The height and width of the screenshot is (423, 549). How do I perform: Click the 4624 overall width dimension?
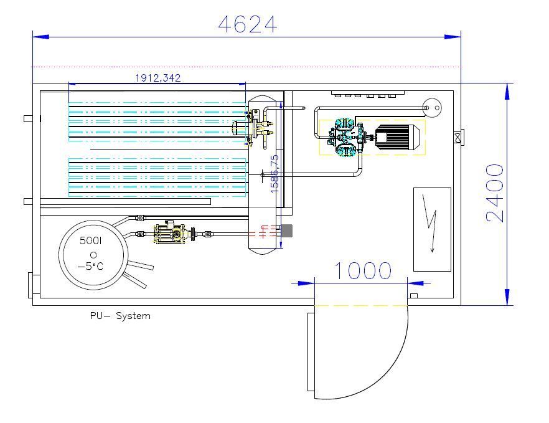click(x=247, y=24)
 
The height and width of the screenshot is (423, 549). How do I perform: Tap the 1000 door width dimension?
click(x=364, y=271)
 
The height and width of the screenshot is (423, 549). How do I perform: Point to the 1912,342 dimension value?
click(x=158, y=78)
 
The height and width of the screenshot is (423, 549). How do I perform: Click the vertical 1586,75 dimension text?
click(x=274, y=174)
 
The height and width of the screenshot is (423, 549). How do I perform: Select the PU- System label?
click(x=120, y=316)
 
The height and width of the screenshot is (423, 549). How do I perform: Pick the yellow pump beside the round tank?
click(x=170, y=234)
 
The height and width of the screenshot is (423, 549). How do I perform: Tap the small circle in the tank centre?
click(x=93, y=254)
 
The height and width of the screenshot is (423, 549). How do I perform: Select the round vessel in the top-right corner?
click(x=431, y=108)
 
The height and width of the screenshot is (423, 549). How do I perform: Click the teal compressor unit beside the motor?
click(x=346, y=138)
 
